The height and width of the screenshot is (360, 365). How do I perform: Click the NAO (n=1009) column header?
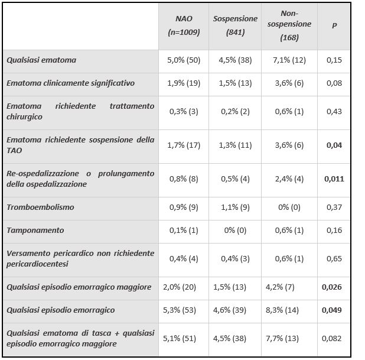(x=184, y=25)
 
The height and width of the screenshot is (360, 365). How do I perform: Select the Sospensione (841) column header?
(x=235, y=25)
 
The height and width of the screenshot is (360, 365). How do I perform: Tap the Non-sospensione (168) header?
(x=289, y=25)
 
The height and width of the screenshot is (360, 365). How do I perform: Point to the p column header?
(x=334, y=25)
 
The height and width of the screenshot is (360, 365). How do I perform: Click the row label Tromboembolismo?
(x=40, y=207)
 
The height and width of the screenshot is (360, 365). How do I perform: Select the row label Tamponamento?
(x=35, y=230)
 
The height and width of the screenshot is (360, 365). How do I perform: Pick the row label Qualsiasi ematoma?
(x=41, y=60)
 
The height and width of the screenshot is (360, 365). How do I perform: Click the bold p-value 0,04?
(x=334, y=145)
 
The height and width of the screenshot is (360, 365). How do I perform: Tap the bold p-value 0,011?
(x=334, y=179)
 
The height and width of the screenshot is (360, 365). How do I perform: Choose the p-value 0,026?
(x=332, y=287)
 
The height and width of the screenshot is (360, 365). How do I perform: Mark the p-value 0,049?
(x=332, y=310)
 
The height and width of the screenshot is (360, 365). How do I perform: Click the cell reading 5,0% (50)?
(x=184, y=60)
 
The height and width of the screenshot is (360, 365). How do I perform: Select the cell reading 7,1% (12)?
(x=289, y=60)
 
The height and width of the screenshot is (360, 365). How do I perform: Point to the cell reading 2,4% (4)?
(x=289, y=179)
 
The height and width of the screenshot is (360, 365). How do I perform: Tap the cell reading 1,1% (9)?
(x=235, y=207)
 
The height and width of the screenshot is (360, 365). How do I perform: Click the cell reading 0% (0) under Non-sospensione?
(x=289, y=207)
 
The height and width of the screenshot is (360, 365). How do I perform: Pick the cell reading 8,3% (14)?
(x=282, y=310)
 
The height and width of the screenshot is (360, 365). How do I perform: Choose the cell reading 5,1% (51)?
(x=180, y=338)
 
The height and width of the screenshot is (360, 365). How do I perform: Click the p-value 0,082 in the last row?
(x=332, y=338)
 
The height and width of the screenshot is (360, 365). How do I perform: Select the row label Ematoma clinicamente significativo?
(x=70, y=83)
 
